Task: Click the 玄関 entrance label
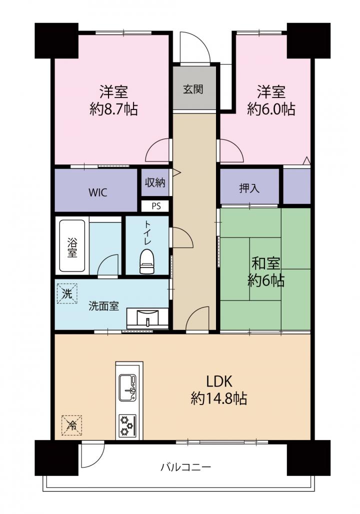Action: point(193,89)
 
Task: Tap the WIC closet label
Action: point(97,192)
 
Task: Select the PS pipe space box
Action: point(156,206)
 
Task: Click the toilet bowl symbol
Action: point(146,261)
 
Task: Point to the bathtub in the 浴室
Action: point(72,245)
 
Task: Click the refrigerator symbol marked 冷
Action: point(71,425)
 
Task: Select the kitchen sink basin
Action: point(127,388)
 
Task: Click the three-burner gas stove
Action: point(127,425)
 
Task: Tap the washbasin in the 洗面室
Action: point(148,317)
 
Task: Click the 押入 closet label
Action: point(249,188)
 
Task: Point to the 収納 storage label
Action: point(155,182)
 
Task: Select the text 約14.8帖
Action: point(219,398)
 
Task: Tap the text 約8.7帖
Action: point(114,109)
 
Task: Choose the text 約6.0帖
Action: point(271,109)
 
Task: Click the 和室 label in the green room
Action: point(265,263)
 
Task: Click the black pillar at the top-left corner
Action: point(56,40)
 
